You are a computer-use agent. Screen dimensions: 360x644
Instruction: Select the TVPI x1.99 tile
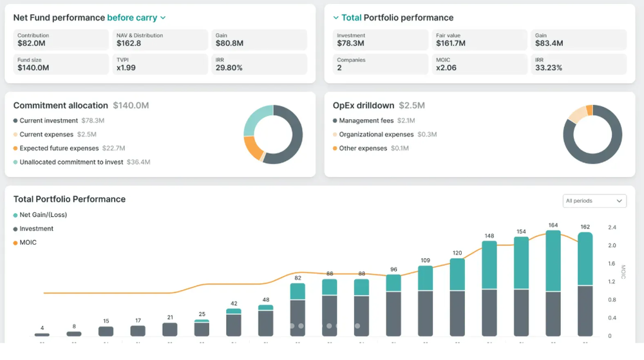pyautogui.click(x=160, y=64)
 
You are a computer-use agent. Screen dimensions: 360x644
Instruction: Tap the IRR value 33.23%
pyautogui.click(x=549, y=68)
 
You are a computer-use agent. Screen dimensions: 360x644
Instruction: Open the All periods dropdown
pyautogui.click(x=594, y=201)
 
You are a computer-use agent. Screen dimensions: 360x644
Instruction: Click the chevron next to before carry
pyautogui.click(x=163, y=18)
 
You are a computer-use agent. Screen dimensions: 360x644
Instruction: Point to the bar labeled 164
pyautogui.click(x=553, y=283)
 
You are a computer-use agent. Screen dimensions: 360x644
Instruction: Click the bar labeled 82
pyautogui.click(x=298, y=309)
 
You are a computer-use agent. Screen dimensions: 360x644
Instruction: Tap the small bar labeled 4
pyautogui.click(x=42, y=334)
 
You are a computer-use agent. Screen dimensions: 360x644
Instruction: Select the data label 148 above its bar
pyautogui.click(x=489, y=236)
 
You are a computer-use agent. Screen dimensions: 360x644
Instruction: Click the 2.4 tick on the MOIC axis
pyautogui.click(x=612, y=227)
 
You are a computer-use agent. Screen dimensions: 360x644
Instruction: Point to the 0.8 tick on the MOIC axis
pyautogui.click(x=612, y=299)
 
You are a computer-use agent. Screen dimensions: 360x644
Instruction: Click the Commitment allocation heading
pyautogui.click(x=61, y=105)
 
